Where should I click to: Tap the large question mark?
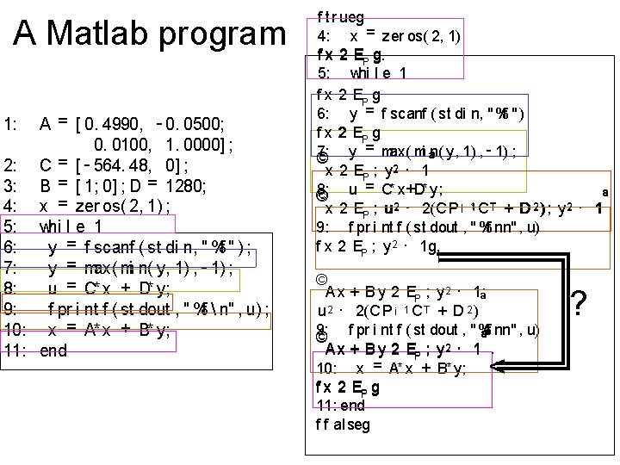[x=580, y=304]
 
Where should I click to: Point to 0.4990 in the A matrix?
[x=106, y=123]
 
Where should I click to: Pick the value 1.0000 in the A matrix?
[x=199, y=143]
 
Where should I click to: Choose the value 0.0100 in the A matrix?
[x=126, y=143]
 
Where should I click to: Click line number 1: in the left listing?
[x=12, y=123]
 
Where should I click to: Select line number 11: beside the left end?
[x=15, y=350]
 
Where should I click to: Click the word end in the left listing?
[x=53, y=350]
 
